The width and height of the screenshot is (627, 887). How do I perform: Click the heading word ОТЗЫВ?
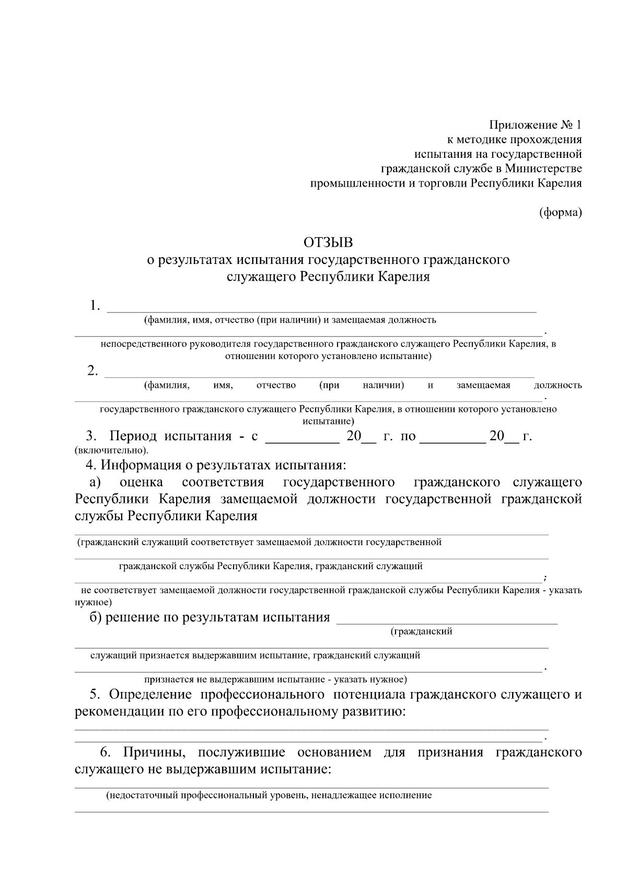[x=328, y=243]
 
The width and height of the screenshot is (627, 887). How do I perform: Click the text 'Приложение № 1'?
[x=535, y=125]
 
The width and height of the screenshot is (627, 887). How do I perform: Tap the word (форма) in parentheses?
[x=560, y=213]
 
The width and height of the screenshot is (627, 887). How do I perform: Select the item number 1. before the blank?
[x=95, y=306]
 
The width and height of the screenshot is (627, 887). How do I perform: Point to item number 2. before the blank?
[x=92, y=371]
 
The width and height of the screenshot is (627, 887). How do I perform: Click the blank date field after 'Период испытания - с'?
[x=303, y=436]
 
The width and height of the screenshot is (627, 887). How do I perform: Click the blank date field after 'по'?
[x=452, y=436]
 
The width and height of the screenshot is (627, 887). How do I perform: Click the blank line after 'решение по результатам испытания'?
[x=447, y=618]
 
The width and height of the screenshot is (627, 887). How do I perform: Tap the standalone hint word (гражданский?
[x=421, y=631]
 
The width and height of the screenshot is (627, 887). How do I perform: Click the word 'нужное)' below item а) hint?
[x=93, y=602]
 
